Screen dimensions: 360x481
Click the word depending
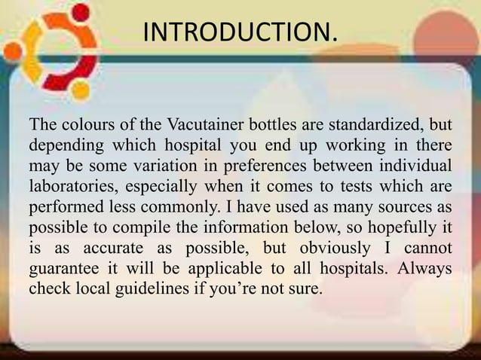(x=61, y=144)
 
